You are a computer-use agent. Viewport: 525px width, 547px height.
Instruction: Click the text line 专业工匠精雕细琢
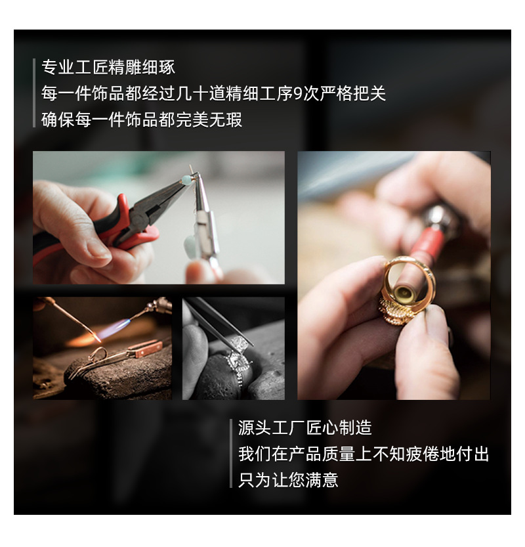[108, 67]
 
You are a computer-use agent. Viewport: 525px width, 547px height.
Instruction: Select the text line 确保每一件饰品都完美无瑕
[142, 120]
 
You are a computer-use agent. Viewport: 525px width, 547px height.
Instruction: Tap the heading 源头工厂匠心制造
[305, 428]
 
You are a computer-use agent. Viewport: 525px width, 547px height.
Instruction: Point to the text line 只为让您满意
[288, 480]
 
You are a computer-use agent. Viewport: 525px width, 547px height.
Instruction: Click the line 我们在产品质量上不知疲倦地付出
[364, 454]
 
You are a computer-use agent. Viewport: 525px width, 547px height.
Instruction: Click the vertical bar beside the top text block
[34, 93]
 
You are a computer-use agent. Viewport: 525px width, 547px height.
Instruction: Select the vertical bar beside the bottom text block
[231, 454]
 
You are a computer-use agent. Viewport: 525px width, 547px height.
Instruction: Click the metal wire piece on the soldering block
[98, 358]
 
